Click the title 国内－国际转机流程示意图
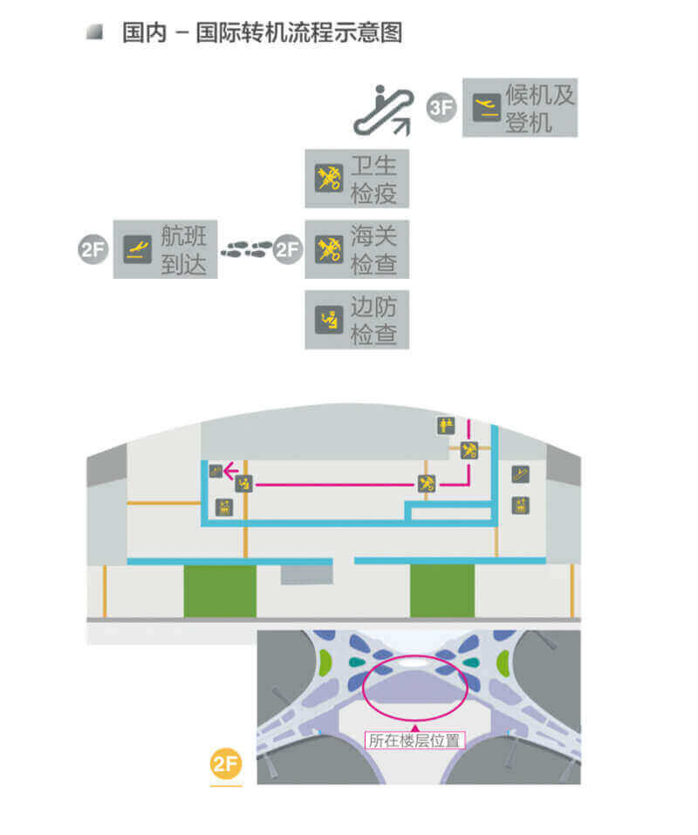(262, 34)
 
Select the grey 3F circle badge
(442, 108)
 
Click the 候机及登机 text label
(540, 108)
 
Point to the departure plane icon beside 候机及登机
(484, 108)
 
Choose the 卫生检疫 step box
(357, 179)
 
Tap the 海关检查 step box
(357, 249)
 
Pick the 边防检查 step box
(357, 320)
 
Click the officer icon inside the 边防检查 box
(329, 320)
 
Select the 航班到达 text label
(184, 249)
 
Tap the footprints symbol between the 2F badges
(245, 250)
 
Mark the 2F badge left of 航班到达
(92, 250)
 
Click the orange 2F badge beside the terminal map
(225, 765)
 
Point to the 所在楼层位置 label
(414, 741)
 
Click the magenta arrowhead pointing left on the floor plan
(230, 472)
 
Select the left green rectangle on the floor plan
(220, 590)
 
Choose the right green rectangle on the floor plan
(442, 590)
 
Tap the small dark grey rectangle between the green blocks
(306, 574)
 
